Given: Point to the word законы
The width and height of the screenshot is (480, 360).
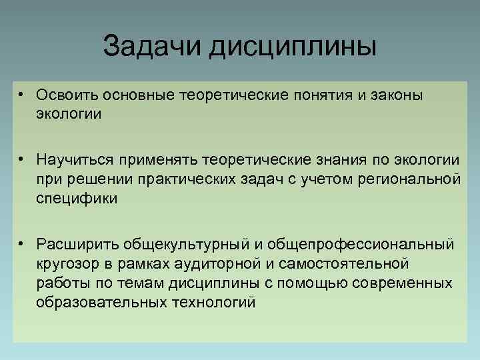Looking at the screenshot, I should pos(395,95).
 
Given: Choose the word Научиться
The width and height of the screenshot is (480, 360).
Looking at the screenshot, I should pos(73,161).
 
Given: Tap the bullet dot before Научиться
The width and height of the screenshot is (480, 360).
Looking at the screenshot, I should pos(22,161).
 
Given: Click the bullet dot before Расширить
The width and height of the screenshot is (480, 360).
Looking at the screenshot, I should pos(22,245).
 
